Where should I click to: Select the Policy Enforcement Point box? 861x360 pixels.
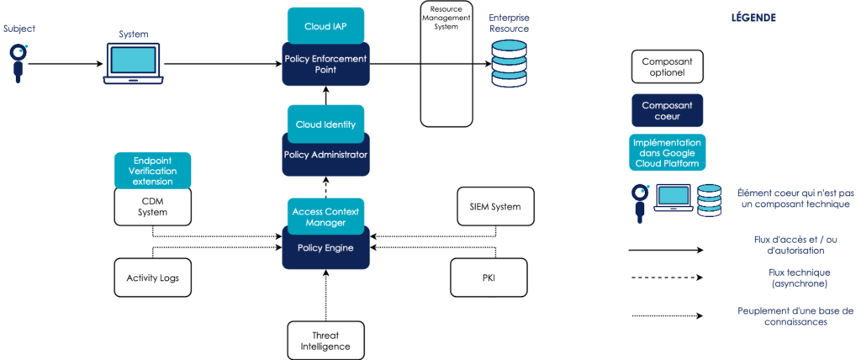pos(325,65)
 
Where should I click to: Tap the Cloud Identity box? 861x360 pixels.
pos(325,124)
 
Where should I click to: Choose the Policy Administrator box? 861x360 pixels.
pos(325,156)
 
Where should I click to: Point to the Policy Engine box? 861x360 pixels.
pos(325,250)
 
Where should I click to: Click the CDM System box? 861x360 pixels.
pos(152,207)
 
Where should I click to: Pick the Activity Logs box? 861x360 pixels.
pos(152,278)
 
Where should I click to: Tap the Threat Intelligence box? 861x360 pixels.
pos(325,340)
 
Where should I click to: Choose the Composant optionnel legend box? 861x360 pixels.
pos(668,67)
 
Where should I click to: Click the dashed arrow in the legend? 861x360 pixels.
pos(668,283)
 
